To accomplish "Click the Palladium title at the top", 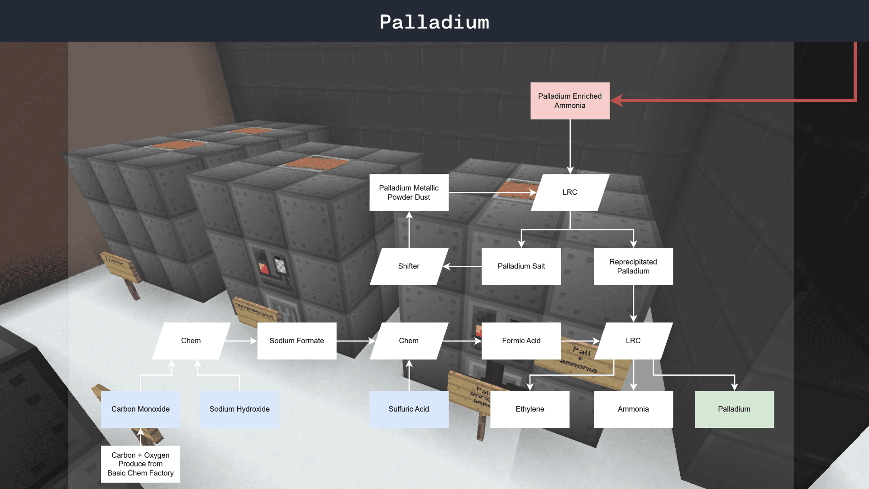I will tap(434, 22).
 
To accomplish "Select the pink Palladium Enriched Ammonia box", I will tap(570, 101).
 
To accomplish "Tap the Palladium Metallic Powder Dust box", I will tap(409, 192).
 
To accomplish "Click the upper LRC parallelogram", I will tap(570, 192).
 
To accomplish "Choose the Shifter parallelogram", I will tap(409, 266).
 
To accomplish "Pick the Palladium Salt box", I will tap(521, 266).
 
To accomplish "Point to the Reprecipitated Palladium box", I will tap(633, 266).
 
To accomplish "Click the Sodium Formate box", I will tap(296, 340).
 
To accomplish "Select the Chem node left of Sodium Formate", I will tap(191, 340).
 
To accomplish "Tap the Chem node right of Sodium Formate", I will tap(409, 340).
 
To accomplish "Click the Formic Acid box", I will tap(521, 340).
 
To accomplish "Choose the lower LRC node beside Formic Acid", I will tap(633, 340).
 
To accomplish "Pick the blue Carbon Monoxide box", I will tap(140, 409).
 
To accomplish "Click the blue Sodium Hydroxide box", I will tap(239, 409).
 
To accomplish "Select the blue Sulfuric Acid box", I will tap(409, 409).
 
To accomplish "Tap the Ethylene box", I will tap(530, 409).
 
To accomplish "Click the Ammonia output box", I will tap(633, 409).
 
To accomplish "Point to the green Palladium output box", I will tap(734, 409).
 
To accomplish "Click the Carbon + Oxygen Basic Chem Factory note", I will tap(140, 464).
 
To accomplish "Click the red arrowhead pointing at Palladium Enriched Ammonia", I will tap(617, 101).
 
